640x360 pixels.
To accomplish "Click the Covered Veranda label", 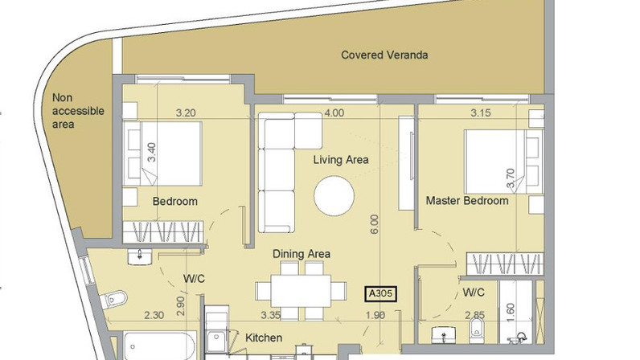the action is click(x=384, y=55).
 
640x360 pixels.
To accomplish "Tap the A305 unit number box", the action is click(x=380, y=293).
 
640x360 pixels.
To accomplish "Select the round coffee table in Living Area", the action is click(x=334, y=195).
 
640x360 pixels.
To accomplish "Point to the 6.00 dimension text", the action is click(x=375, y=224).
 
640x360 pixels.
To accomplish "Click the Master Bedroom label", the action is click(x=467, y=201).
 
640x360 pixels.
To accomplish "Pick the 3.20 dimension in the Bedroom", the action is click(x=186, y=112).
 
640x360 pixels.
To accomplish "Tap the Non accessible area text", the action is click(x=78, y=111).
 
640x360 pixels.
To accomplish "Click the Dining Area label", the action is click(x=302, y=254).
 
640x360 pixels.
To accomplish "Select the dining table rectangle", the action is click(x=302, y=291).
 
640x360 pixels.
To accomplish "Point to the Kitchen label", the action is click(x=264, y=338).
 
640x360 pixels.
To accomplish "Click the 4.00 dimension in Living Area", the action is click(x=334, y=112).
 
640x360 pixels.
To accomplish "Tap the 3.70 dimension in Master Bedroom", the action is click(x=511, y=178).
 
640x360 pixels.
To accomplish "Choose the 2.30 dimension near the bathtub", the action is click(x=154, y=315).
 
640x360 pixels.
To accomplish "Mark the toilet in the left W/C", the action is click(x=114, y=299).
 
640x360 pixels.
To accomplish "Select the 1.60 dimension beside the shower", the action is click(x=511, y=313).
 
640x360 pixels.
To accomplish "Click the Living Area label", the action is click(x=341, y=160).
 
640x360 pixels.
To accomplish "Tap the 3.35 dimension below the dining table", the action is click(x=271, y=315).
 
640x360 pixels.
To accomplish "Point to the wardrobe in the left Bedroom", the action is click(x=163, y=232).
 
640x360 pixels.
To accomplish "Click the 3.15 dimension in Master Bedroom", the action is click(x=481, y=112).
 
